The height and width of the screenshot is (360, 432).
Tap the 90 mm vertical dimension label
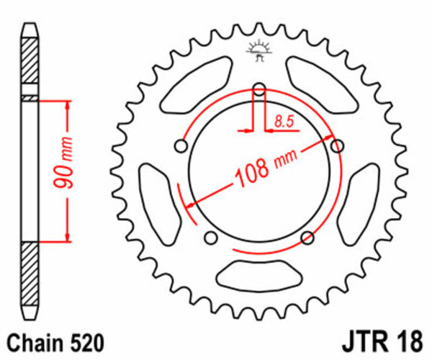tap(64, 170)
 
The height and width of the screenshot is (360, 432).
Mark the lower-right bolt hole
tap(307, 238)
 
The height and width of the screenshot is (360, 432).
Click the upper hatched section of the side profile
tap(29, 66)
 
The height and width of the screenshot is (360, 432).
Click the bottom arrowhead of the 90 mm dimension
tap(68, 237)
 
